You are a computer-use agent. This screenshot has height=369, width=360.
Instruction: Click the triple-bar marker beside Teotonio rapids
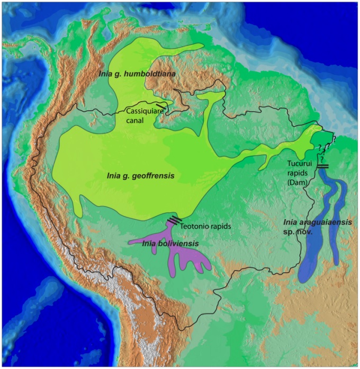click(174, 221)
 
